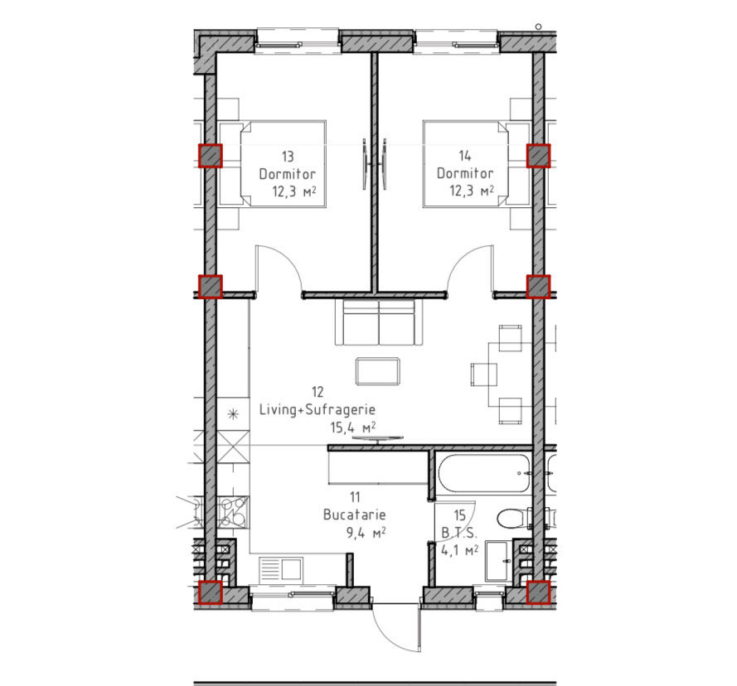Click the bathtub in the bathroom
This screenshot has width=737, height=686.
click(483, 473)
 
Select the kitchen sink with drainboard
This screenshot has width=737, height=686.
click(280, 569)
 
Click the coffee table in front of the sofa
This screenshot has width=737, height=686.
click(378, 371)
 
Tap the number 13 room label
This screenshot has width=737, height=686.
click(288, 156)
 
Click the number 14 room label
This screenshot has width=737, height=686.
click(465, 155)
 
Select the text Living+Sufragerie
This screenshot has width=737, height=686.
click(318, 410)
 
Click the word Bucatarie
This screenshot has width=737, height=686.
click(354, 514)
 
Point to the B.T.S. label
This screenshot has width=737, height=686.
click(459, 533)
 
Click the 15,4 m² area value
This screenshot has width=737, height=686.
click(352, 428)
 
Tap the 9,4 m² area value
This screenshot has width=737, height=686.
click(366, 533)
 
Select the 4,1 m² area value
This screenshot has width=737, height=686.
click(459, 550)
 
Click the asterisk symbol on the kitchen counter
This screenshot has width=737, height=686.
click(233, 414)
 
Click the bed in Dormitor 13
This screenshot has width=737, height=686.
click(273, 163)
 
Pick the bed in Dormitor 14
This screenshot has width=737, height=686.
click(477, 163)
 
